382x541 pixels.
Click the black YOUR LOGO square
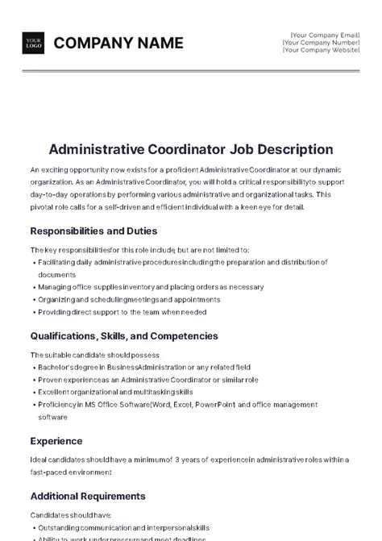(34, 44)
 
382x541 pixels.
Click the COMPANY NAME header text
(118, 44)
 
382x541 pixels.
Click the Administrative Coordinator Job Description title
(190, 149)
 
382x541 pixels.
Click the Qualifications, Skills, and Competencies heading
(124, 335)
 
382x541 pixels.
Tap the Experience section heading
(56, 441)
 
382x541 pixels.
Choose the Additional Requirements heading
(88, 496)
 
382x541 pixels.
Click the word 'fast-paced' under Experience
(47, 472)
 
